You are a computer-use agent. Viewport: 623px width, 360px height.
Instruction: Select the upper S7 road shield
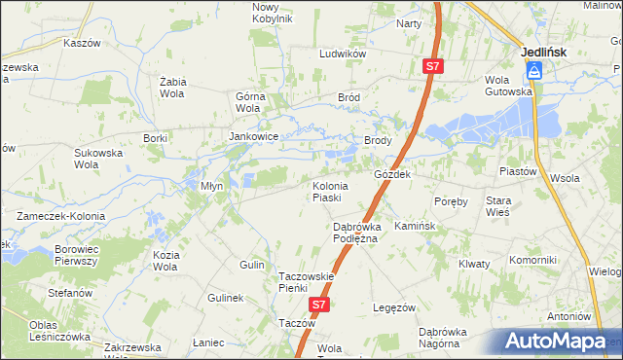click(433, 66)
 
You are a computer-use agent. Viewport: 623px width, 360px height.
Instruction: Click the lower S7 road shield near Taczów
click(319, 305)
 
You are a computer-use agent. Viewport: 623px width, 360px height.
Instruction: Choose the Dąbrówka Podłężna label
click(348, 233)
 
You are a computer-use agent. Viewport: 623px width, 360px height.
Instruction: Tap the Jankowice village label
click(254, 137)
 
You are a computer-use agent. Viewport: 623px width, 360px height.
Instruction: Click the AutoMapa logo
click(559, 342)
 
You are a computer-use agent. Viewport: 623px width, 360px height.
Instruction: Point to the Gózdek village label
click(393, 174)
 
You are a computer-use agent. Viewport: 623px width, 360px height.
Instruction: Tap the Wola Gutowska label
click(510, 86)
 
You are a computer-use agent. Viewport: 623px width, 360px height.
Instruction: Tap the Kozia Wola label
click(165, 261)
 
